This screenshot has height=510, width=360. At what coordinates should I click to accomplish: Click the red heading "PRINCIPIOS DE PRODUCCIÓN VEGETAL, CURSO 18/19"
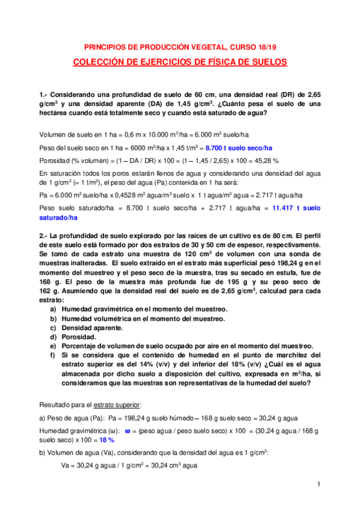pos(180,46)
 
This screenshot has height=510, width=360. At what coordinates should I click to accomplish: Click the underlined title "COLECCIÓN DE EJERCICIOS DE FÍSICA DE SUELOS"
pos(180,62)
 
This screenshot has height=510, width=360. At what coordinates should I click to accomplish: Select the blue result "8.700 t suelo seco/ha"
pos(239,148)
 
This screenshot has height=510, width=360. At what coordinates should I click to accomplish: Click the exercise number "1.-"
pos(44,95)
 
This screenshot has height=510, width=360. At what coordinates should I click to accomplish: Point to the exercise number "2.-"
pos(44,232)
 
